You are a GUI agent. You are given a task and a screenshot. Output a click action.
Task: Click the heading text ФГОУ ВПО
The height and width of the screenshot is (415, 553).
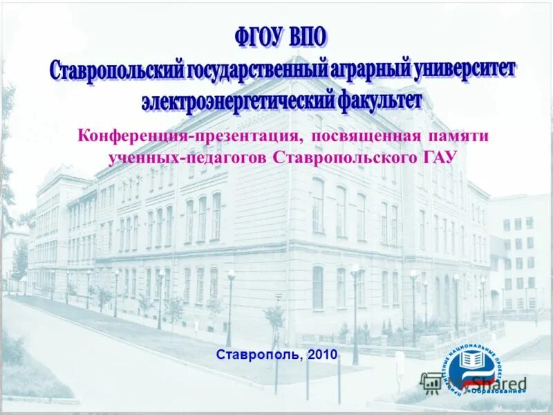280,36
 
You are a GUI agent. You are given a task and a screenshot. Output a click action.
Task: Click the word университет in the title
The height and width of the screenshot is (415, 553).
465,69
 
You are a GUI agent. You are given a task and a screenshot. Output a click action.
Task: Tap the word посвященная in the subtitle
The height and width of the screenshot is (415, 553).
359,136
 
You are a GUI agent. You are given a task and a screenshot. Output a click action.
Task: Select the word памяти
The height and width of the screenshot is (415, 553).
458,136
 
